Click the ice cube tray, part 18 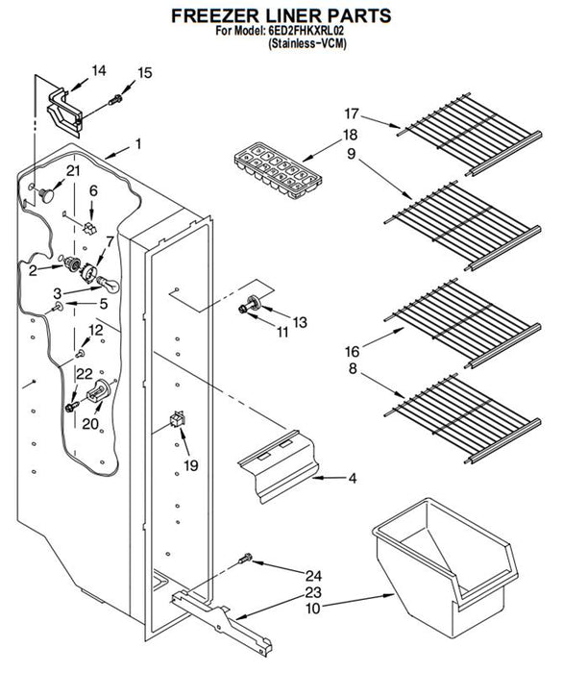coord(278,171)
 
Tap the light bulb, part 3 coord(108,285)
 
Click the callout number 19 coord(191,465)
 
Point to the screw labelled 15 coord(115,100)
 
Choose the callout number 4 coord(352,478)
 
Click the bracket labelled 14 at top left coord(64,110)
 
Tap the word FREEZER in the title coord(215,15)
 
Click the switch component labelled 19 coord(178,419)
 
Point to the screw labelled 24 coord(245,559)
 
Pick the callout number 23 coord(313,593)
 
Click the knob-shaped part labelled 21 coord(46,194)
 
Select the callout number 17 coord(352,113)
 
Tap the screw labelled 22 coord(72,406)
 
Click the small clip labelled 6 coord(90,228)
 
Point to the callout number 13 coord(300,322)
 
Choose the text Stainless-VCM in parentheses coord(307,43)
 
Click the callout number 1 coord(138,144)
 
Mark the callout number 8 coord(353,368)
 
